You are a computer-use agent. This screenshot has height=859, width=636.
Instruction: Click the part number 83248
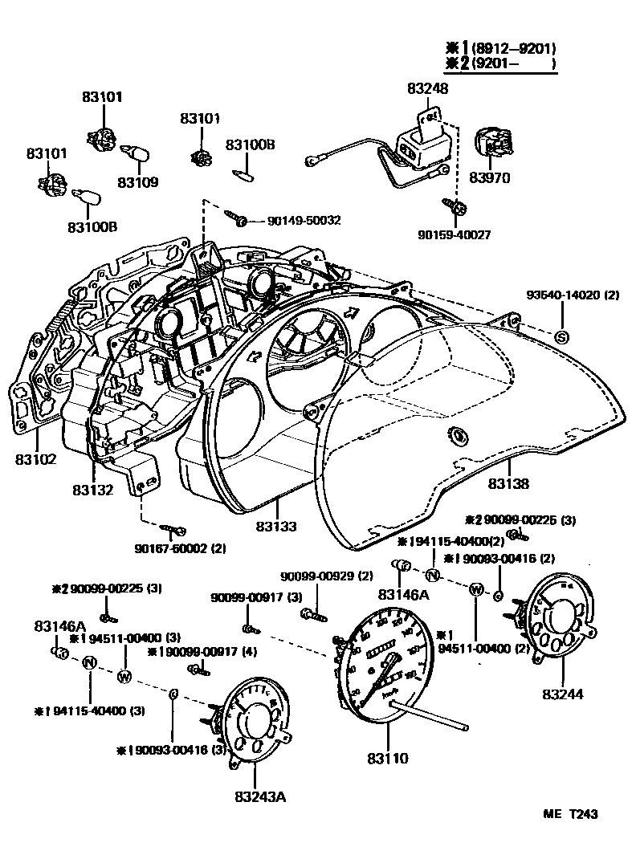point(427,88)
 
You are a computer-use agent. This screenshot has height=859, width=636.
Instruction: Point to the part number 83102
point(35,460)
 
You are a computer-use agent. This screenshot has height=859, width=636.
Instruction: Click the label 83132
point(92,489)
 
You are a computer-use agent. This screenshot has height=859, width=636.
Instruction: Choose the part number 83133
point(276,526)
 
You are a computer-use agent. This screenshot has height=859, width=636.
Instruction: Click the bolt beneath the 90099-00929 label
point(312,615)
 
